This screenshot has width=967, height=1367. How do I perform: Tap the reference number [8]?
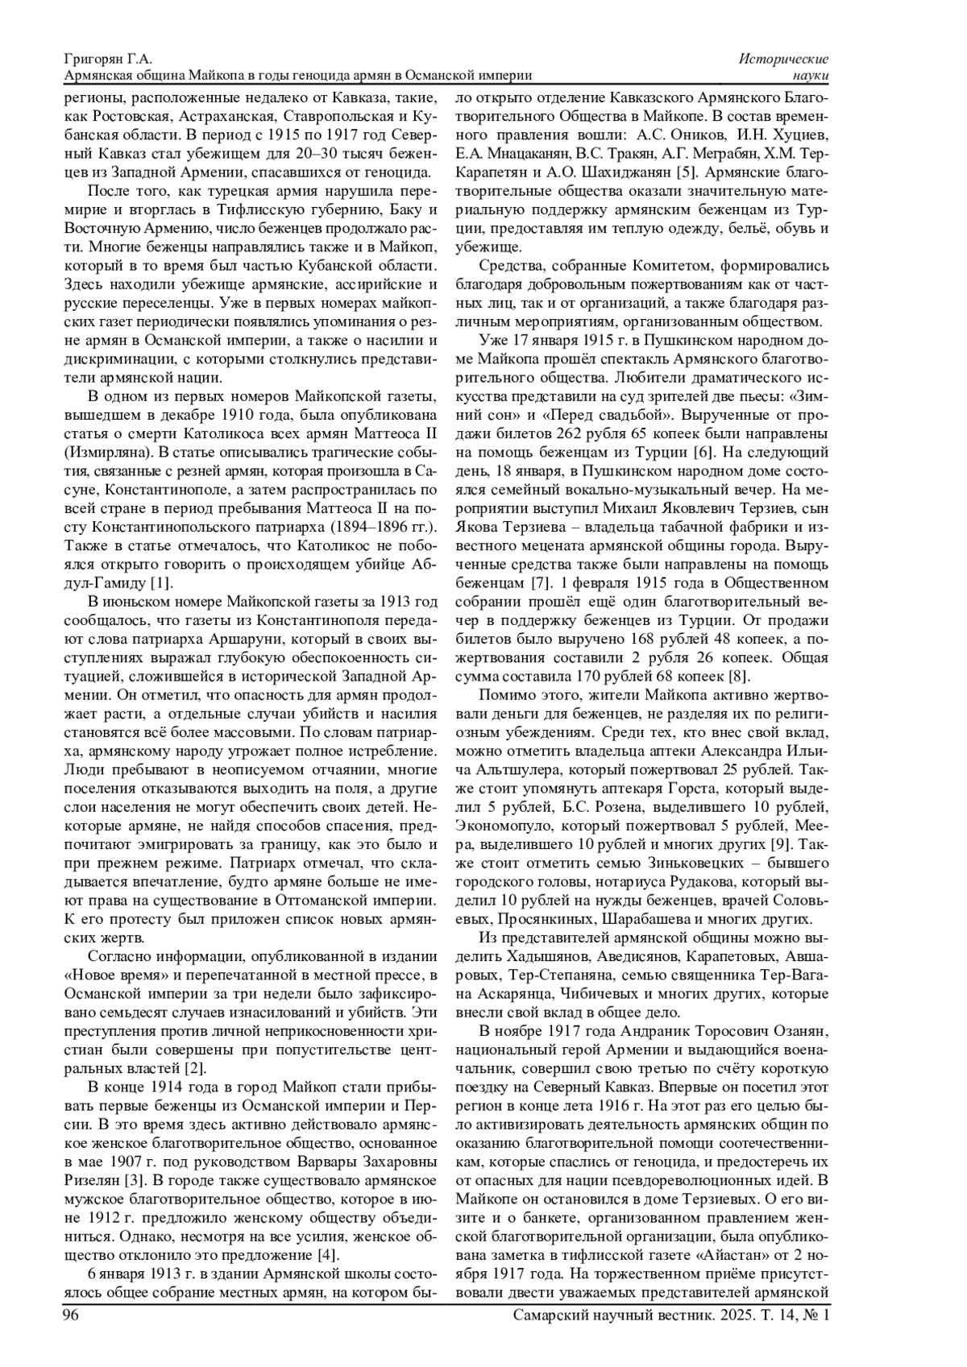pos(739,675)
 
